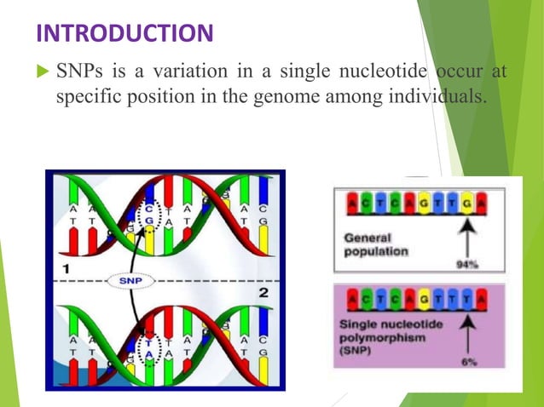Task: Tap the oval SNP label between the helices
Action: tap(130, 280)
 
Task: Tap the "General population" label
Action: tap(376, 246)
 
